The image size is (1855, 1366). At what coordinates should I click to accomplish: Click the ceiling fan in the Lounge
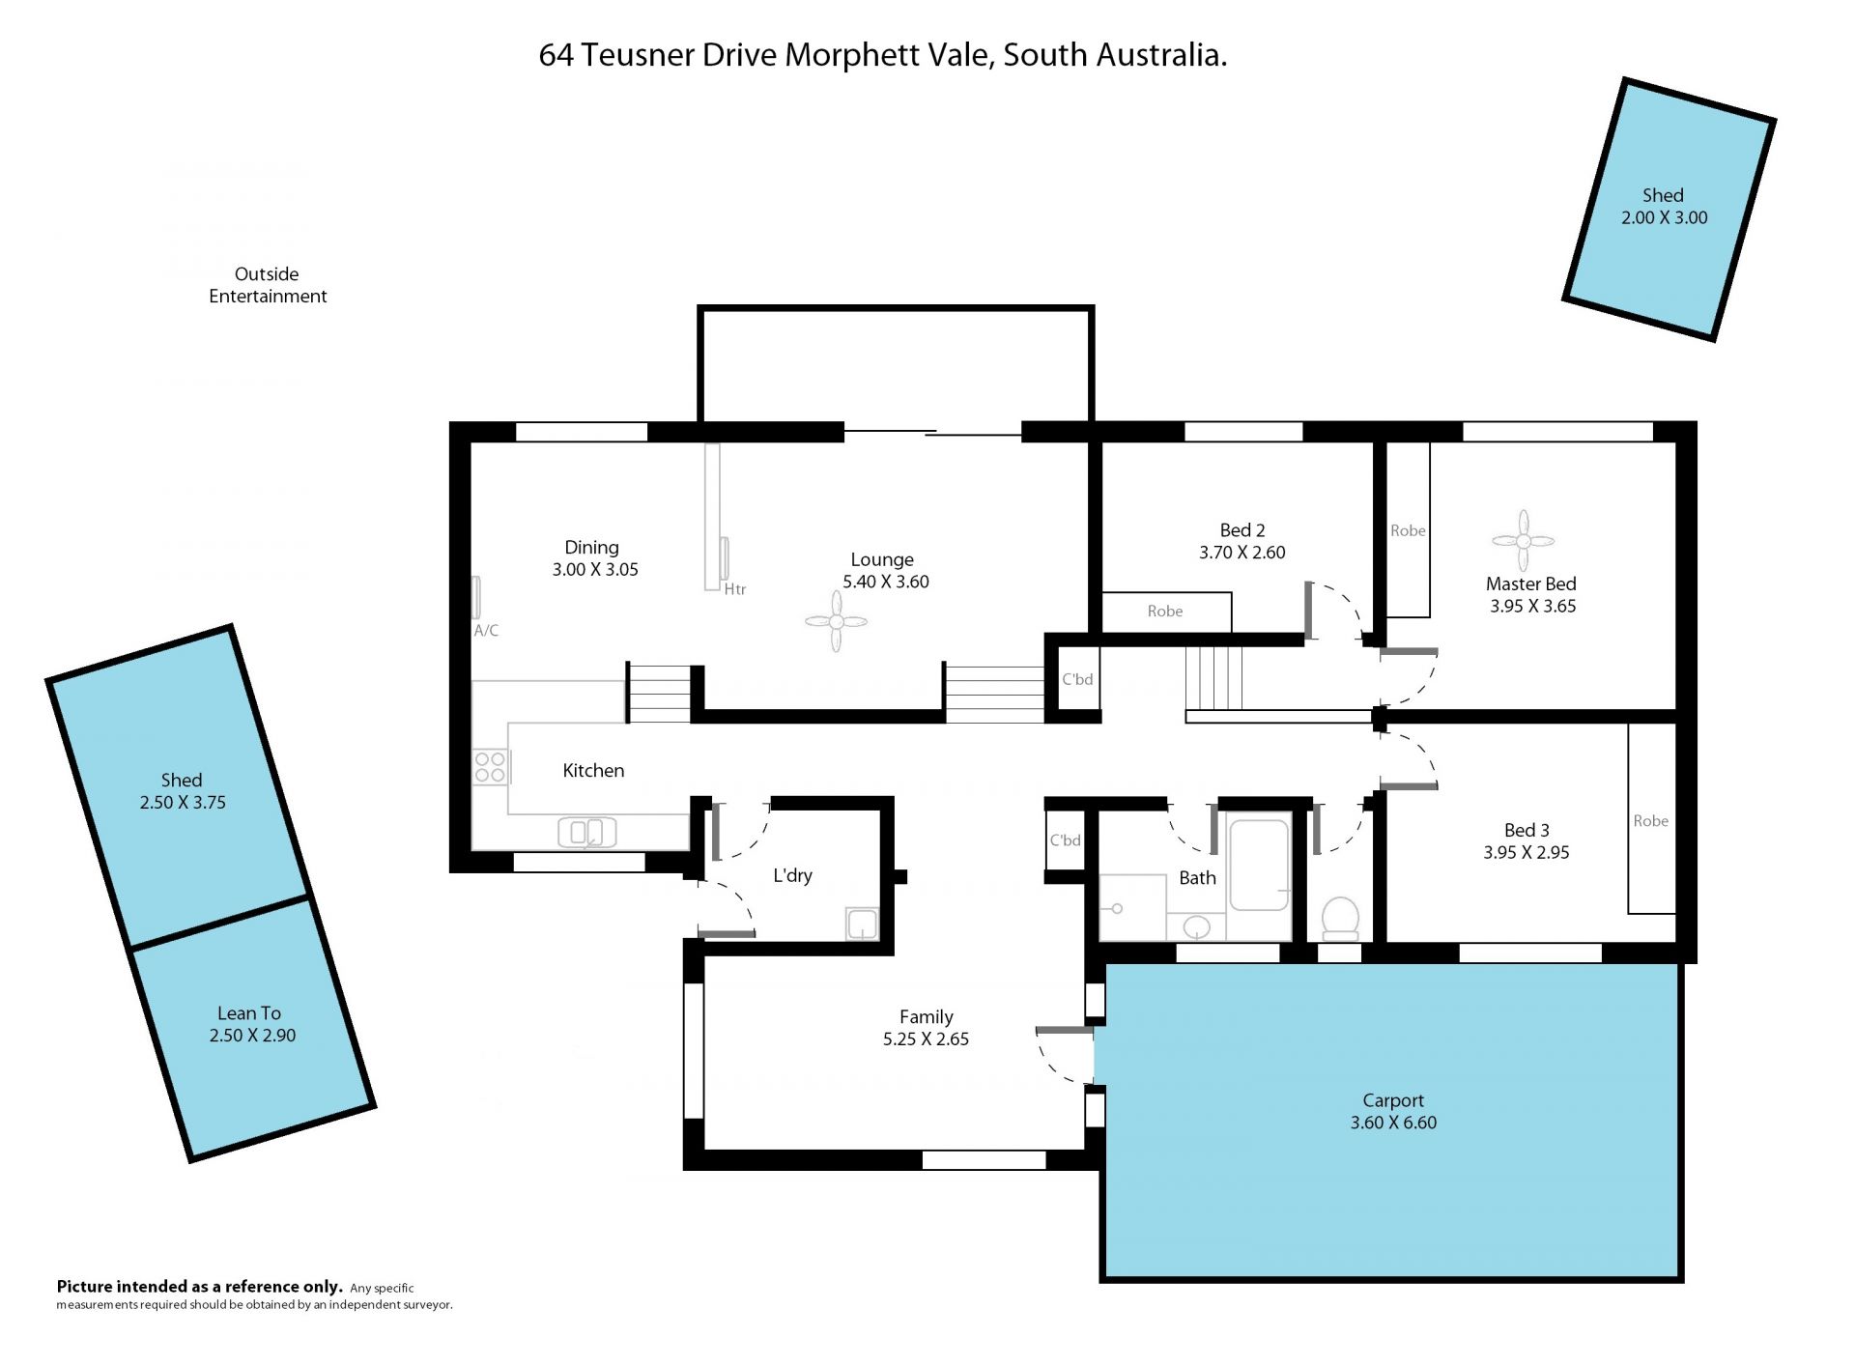click(x=836, y=621)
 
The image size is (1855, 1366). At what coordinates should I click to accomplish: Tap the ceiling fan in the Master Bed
click(x=1523, y=541)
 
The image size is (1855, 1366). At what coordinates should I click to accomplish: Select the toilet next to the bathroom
click(x=1340, y=918)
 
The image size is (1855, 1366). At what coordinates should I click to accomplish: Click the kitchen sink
click(x=587, y=832)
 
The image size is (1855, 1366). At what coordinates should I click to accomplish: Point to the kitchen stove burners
click(x=490, y=767)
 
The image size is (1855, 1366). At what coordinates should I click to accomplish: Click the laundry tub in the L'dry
click(x=862, y=924)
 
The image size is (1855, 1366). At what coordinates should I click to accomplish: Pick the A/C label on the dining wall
click(x=486, y=631)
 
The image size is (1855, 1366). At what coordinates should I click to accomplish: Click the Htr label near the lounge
click(x=735, y=589)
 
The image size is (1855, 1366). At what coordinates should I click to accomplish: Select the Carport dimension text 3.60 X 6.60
click(x=1393, y=1123)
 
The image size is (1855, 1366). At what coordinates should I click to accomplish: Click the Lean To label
click(x=249, y=1012)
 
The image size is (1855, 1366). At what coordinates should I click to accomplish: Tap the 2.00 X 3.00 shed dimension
click(x=1664, y=217)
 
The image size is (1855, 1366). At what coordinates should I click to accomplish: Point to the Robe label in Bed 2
click(x=1165, y=611)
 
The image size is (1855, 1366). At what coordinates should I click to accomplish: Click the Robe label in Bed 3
click(x=1650, y=820)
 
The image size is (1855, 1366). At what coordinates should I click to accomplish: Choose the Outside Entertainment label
click(x=268, y=285)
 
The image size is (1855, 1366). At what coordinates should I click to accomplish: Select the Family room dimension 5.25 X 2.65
click(x=926, y=1039)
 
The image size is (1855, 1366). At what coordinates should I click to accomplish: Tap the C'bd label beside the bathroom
click(x=1066, y=840)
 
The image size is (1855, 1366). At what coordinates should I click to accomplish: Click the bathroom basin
click(x=1197, y=927)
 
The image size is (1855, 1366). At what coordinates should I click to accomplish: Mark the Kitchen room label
click(x=593, y=770)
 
